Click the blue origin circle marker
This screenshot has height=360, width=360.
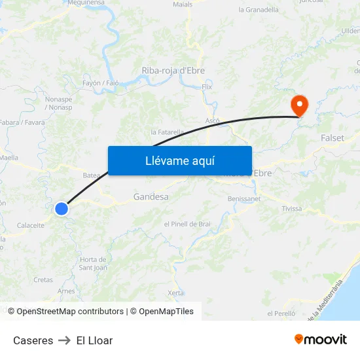pos(62,209)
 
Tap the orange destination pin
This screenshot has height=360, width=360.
pos(299,105)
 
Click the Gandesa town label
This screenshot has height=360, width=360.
pos(151,196)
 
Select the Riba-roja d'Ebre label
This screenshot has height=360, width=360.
pos(173,71)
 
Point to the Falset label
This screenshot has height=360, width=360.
pos(333,138)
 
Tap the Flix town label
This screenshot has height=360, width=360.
pos(207,86)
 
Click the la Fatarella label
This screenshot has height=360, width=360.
pos(168,132)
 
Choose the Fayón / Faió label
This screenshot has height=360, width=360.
pos(101,84)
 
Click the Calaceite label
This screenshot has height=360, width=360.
pos(31,225)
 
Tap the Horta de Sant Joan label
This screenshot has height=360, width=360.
pos(93,263)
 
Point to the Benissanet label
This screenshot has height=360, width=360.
pos(244,198)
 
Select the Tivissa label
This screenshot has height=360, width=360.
pos(292,209)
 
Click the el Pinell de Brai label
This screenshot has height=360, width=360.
pos(187,224)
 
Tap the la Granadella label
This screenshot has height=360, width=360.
pos(259,10)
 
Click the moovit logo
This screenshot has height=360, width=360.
pos(321,340)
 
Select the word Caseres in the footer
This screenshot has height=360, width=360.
pos(33,340)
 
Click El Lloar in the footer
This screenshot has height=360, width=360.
pos(94,340)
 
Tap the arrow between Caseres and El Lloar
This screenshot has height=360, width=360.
pos(65,340)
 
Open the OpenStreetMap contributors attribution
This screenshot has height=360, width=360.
pos(70,312)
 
